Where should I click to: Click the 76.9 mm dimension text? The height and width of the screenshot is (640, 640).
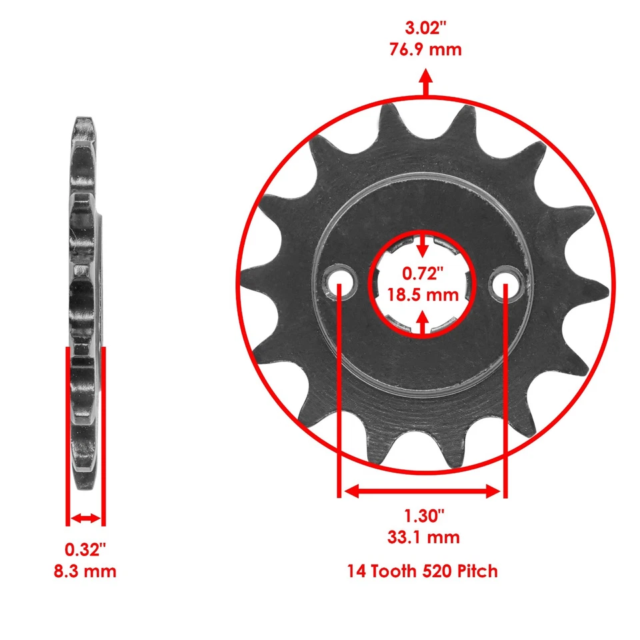pyautogui.click(x=425, y=49)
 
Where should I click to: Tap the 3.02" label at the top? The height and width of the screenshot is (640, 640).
pyautogui.click(x=425, y=29)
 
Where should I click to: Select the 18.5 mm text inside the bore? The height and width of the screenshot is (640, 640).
pyautogui.click(x=423, y=294)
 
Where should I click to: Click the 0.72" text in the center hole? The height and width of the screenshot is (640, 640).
pyautogui.click(x=423, y=273)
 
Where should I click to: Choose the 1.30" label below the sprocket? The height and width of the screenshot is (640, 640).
pyautogui.click(x=423, y=516)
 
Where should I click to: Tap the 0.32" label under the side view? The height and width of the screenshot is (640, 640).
pyautogui.click(x=86, y=550)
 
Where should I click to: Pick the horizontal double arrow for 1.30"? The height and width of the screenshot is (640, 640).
pyautogui.click(x=422, y=491)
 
